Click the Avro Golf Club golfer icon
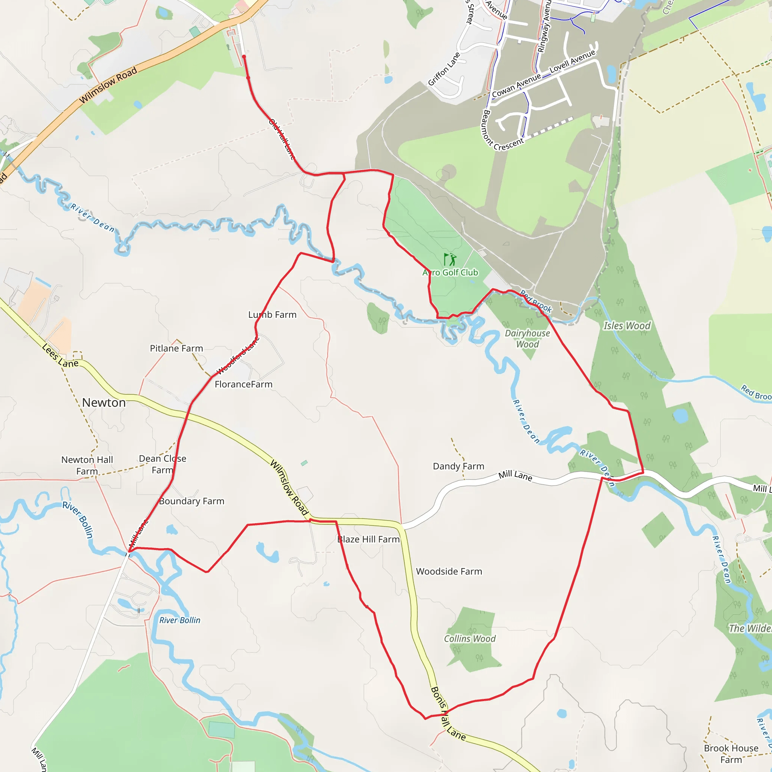450,259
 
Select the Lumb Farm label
272,315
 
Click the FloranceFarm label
244,384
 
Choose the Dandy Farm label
458,466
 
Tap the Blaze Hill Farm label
368,539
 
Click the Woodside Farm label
449,571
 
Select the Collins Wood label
470,639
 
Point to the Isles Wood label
626,326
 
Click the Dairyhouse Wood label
527,339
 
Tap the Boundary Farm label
191,501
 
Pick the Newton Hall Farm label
87,466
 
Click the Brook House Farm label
731,754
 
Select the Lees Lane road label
60,355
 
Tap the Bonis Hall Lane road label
447,714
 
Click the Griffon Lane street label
444,69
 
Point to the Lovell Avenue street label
572,61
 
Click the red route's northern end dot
244,57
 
